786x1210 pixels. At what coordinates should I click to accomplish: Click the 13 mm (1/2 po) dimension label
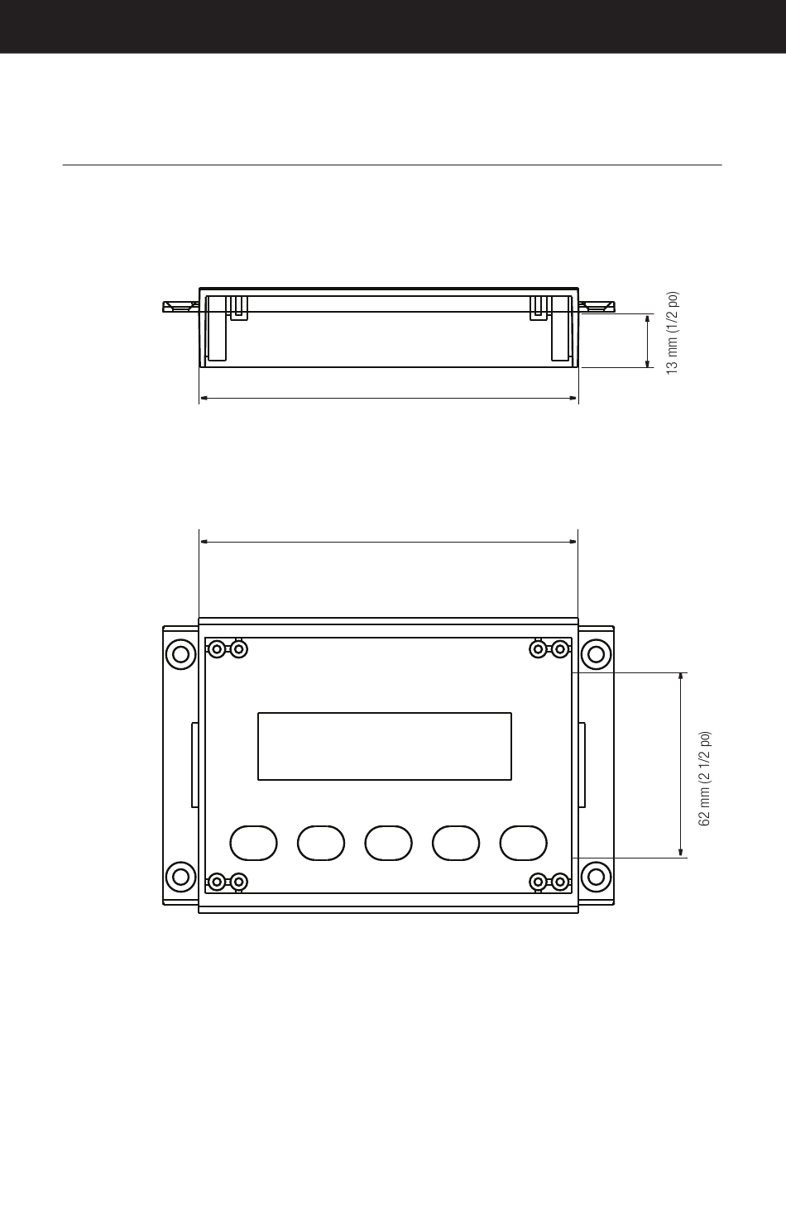pos(673,333)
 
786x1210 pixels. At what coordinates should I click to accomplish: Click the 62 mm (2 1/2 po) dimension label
pos(704,778)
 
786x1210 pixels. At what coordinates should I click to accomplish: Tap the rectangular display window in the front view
pos(385,746)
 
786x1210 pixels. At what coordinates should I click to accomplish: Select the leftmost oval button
pos(253,843)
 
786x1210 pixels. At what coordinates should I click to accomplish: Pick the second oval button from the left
pos(321,843)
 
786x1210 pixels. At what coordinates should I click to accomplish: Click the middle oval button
pos(388,843)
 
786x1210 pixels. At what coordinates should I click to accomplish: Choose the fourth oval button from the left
pos(456,843)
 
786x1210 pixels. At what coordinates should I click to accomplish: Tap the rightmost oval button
pos(524,843)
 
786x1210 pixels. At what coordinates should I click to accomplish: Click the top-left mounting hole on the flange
pos(180,654)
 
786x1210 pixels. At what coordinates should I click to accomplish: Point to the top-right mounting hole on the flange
pos(596,654)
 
